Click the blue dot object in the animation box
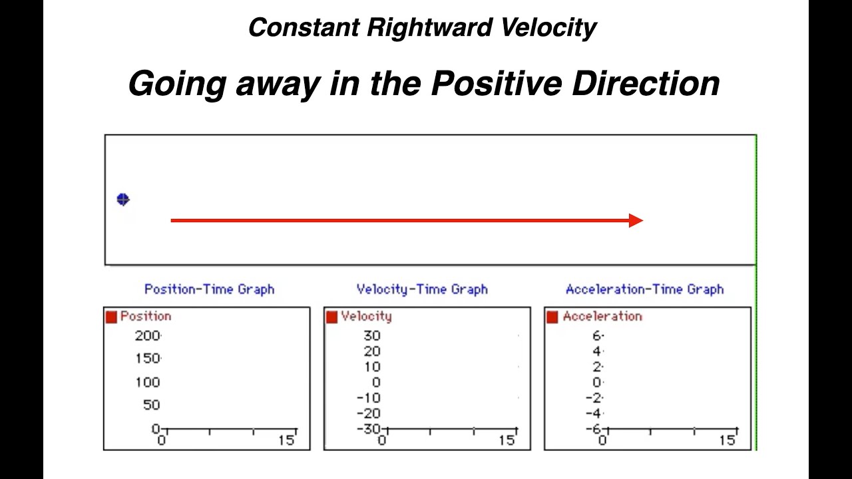coord(123,200)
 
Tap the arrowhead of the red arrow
coord(636,220)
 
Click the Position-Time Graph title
coord(209,289)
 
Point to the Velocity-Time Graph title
coord(422,289)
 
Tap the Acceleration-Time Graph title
coord(644,289)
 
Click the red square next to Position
coord(111,317)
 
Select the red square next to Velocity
coord(331,317)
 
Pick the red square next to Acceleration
coord(552,317)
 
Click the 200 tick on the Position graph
coord(147,336)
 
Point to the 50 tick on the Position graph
coord(151,405)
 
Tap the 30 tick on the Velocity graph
coord(371,336)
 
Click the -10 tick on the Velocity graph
coord(368,398)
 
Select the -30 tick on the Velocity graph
coord(368,429)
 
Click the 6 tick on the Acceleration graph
coord(597,336)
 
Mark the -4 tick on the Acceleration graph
coord(594,414)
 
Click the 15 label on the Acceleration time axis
coord(728,440)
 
